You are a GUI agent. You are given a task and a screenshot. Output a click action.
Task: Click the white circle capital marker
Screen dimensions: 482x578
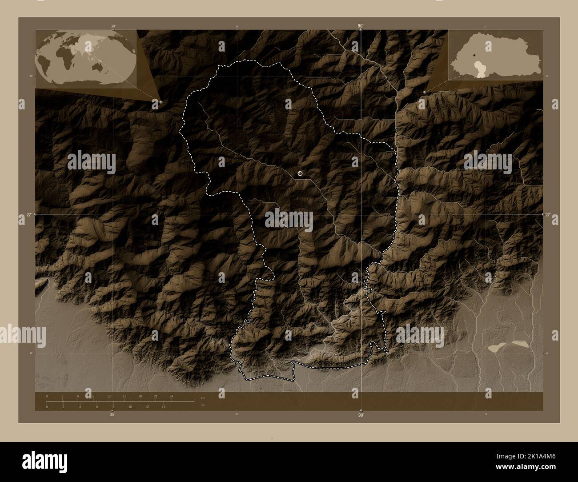click(300, 173)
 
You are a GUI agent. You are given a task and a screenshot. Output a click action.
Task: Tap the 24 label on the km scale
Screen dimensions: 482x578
click(171, 396)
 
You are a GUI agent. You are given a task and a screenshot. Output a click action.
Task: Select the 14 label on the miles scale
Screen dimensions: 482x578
click(164, 406)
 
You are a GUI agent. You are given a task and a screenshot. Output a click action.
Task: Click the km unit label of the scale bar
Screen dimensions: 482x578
click(203, 398)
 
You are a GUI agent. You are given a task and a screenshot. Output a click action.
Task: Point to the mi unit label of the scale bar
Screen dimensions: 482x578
click(202, 405)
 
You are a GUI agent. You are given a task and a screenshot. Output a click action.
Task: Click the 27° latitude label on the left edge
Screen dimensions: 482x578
click(28, 214)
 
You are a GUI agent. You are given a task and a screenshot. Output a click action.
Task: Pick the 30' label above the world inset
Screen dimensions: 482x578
click(114, 27)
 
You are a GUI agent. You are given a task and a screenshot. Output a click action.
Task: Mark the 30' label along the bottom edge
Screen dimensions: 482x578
click(112, 414)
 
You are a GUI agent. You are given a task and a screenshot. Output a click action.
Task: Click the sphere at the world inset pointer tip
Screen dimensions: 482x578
click(161, 102)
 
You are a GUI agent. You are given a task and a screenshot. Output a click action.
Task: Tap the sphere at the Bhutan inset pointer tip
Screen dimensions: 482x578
click(425, 92)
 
